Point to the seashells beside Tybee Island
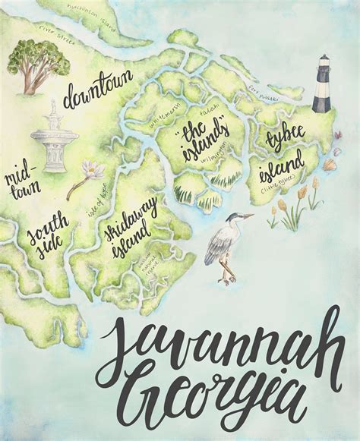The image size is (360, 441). (333, 162)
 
